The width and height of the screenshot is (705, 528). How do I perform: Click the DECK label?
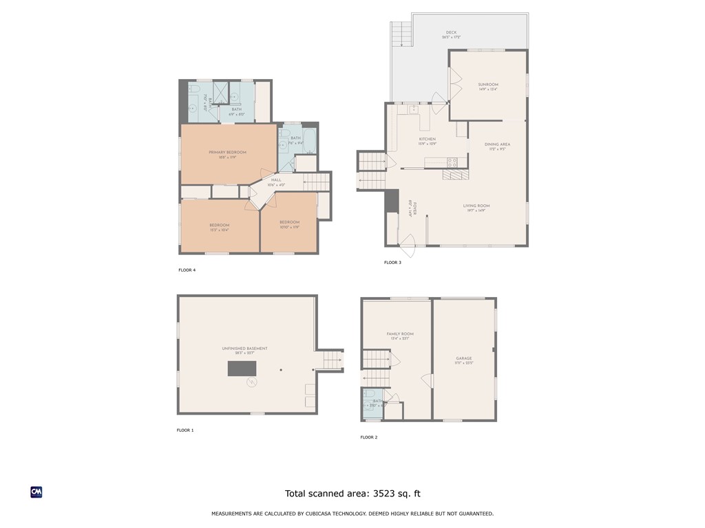451,32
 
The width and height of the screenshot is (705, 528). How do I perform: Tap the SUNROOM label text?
488,85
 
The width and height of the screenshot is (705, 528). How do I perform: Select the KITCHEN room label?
427,140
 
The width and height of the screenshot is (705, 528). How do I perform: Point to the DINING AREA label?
496,144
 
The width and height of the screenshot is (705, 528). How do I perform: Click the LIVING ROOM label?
476,206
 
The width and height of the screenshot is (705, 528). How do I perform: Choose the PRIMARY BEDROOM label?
227,152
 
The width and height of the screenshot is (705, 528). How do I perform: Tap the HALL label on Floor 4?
276,180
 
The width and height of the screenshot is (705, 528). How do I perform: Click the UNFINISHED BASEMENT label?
244,349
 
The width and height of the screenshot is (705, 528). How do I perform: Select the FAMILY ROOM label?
399,334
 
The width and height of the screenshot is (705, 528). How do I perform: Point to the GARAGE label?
463,358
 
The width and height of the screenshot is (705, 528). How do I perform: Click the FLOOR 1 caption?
185,430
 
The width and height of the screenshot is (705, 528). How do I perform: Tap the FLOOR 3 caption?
392,263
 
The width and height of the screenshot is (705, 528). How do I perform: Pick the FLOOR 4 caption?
187,270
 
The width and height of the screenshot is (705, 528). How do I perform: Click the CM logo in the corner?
36,492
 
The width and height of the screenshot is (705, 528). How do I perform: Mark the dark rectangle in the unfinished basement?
242,368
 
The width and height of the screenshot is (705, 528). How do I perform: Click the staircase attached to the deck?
401,32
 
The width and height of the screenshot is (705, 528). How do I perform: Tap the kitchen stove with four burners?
452,162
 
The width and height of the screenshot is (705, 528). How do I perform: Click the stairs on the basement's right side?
333,360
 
